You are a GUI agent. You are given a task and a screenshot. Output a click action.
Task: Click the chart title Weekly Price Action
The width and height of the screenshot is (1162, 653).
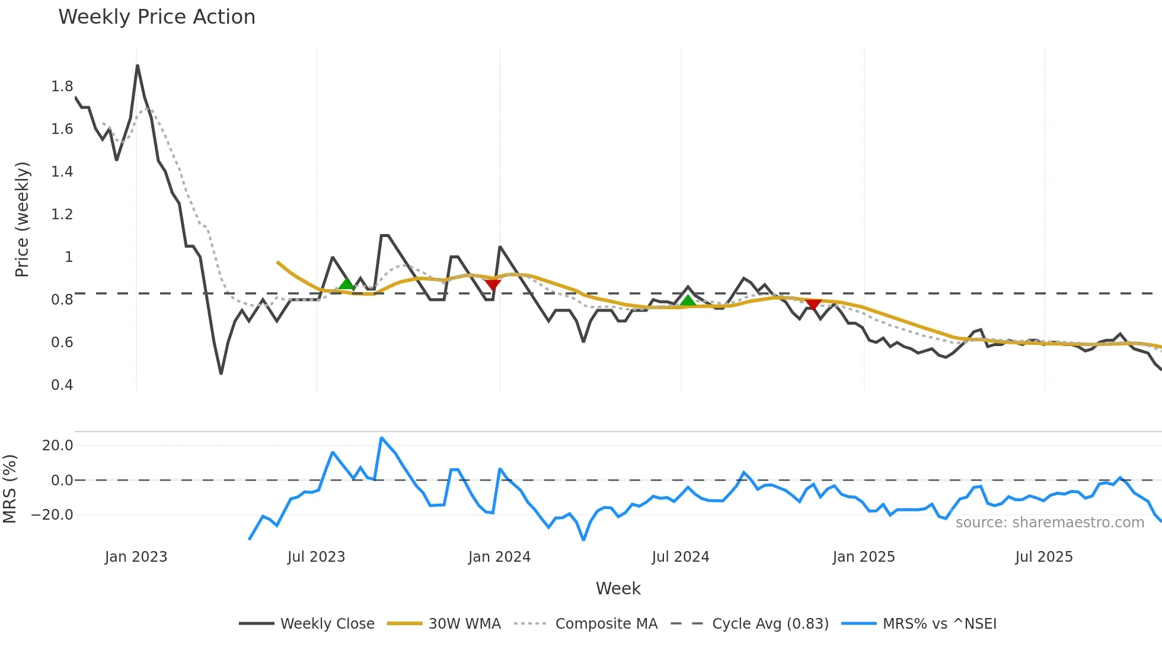pos(157,17)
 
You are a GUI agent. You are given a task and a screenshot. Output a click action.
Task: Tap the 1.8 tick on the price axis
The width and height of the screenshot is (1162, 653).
pos(62,87)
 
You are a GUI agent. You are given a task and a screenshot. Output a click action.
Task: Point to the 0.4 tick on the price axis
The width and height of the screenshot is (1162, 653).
pos(62,385)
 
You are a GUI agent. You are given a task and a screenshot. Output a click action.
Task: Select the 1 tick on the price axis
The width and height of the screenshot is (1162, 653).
pos(69,257)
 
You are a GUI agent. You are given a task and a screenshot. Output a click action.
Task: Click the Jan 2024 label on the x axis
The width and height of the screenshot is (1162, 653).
pos(499,557)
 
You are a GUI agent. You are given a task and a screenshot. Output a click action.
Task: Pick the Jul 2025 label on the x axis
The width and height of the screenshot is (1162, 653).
pos(1044,557)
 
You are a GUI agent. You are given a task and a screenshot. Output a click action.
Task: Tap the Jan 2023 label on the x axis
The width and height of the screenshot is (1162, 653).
pos(136,557)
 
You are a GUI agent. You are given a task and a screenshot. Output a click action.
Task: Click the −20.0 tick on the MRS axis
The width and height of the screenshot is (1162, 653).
pos(52,515)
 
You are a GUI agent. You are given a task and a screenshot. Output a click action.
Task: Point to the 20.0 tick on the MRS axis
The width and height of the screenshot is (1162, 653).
pos(58,446)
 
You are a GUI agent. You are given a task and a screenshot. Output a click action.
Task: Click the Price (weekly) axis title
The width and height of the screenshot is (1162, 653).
pos(22,219)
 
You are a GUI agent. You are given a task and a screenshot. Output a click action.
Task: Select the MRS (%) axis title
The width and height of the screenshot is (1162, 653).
pos(10,489)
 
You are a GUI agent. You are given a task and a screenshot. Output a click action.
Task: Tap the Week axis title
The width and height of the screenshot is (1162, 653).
pos(618,588)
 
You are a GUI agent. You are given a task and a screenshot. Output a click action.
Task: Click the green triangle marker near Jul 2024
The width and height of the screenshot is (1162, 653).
pos(688,300)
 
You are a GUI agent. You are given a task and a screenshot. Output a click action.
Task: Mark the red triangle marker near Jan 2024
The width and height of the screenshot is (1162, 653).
pos(493,284)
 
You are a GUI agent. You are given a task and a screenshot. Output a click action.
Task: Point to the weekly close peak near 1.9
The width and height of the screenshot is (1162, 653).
pos(138,66)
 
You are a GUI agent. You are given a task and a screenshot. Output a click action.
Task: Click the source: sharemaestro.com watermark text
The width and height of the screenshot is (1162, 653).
pos(1049,523)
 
